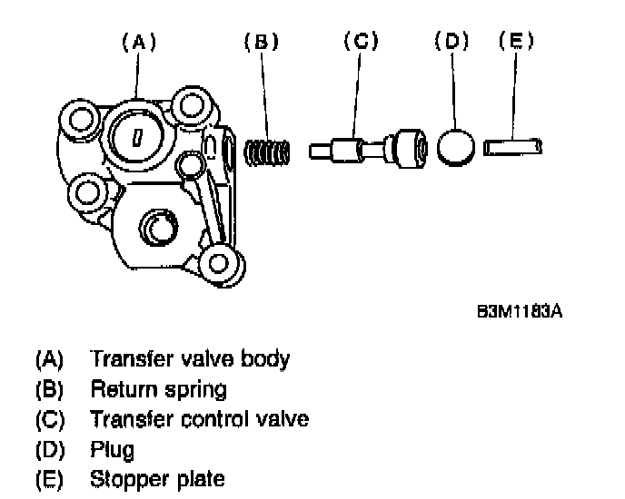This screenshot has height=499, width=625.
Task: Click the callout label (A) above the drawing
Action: (x=138, y=42)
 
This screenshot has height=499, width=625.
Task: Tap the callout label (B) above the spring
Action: (x=262, y=42)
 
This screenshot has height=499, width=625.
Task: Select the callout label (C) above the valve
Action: (x=360, y=42)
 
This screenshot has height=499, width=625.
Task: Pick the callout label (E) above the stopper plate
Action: (x=515, y=42)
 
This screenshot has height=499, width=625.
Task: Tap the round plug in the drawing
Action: (x=456, y=147)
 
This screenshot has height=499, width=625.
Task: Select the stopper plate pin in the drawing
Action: (x=513, y=146)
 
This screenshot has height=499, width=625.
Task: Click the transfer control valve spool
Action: (x=367, y=147)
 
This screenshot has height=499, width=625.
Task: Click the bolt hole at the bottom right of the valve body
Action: (x=217, y=263)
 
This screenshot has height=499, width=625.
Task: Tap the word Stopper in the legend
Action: (x=123, y=479)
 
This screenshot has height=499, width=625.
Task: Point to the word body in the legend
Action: (x=267, y=359)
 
